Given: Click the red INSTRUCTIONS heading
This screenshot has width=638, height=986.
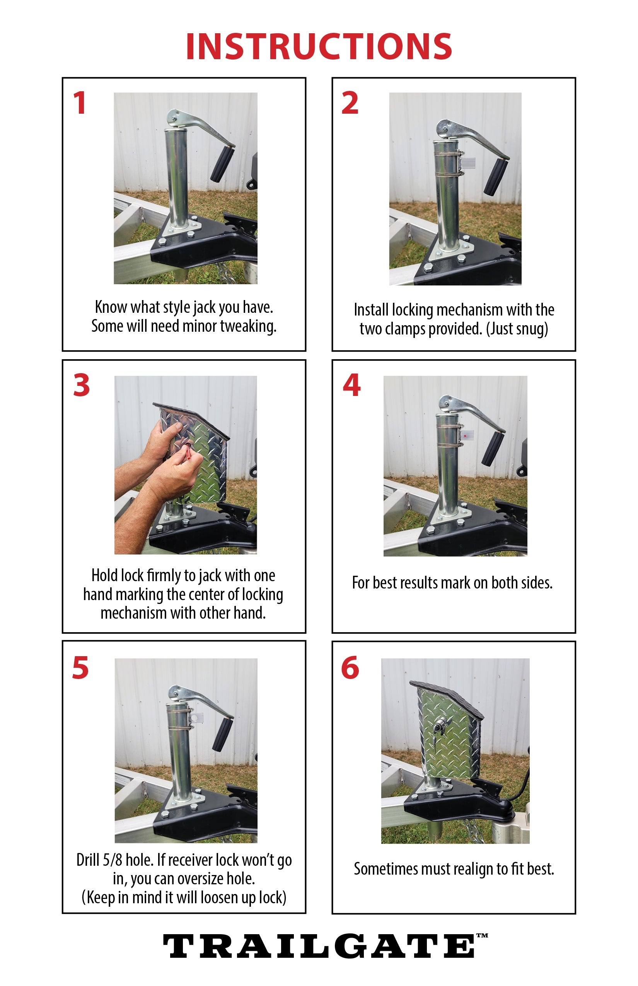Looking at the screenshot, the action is (319, 46).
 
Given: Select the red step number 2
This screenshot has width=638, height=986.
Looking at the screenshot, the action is (350, 103).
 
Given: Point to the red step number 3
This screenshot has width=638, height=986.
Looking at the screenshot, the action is (81, 385).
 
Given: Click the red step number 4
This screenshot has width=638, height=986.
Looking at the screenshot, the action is (352, 385).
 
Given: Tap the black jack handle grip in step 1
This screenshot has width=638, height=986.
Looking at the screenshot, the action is (222, 164).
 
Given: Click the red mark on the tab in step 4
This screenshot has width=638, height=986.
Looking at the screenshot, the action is (467, 435).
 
